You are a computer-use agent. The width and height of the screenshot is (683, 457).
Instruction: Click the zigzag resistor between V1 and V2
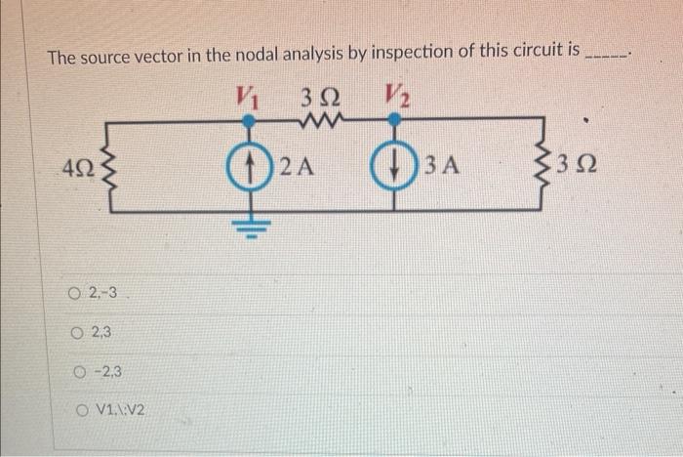tap(321, 121)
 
